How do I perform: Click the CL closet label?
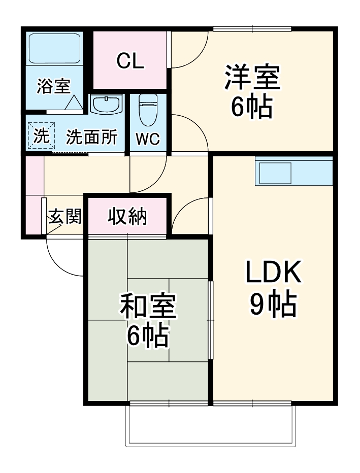point(130,61)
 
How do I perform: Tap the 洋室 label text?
point(252,78)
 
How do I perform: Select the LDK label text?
point(273,273)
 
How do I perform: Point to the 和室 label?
point(148,307)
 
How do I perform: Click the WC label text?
point(148,138)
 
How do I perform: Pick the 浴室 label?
point(53,86)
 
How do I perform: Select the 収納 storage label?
point(127,217)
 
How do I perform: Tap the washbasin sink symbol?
point(106,105)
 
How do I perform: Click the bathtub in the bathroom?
point(55,49)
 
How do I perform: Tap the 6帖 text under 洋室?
point(252,106)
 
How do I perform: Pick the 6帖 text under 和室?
point(148,335)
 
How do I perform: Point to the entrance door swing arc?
point(60,259)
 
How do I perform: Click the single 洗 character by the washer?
point(41,136)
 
